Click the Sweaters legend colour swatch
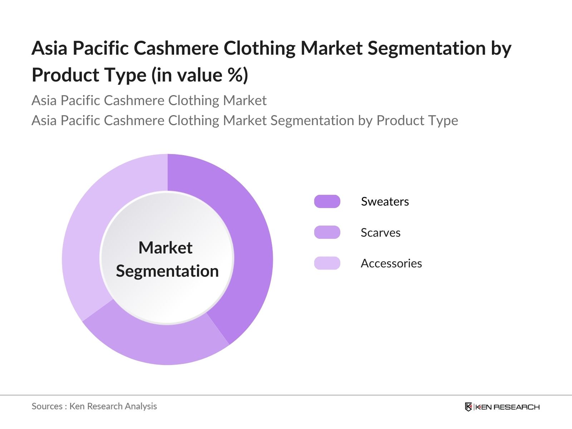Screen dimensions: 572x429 (327, 201)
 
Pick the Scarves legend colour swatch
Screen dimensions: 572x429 (327, 232)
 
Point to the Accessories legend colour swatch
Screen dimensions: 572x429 (327, 263)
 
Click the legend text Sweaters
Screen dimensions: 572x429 (385, 202)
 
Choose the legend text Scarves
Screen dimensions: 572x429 (380, 233)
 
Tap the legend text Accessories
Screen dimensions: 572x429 (391, 263)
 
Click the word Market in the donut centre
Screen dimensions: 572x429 (166, 247)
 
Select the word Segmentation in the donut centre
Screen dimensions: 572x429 (167, 271)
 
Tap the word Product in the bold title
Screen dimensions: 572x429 (65, 75)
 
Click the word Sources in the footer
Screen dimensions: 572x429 (47, 406)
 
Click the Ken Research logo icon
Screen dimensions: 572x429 (468, 407)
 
